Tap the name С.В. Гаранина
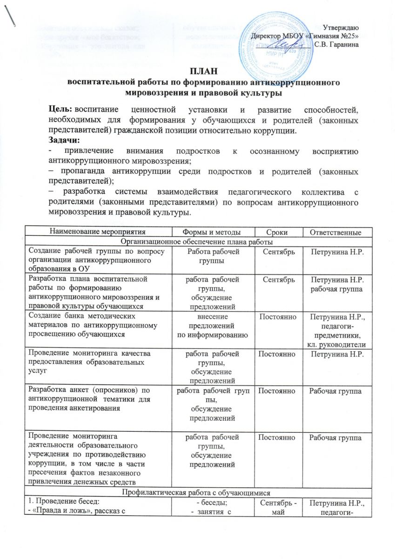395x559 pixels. [336, 45]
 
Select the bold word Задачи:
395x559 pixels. [65, 139]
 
